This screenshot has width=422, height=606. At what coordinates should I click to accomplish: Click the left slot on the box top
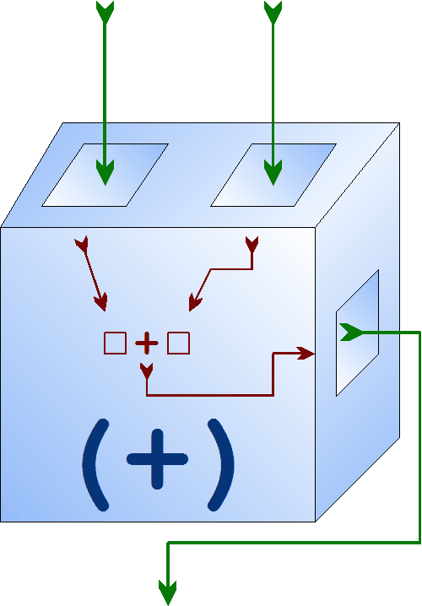(x=105, y=175)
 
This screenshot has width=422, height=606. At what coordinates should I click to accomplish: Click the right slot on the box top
(x=273, y=175)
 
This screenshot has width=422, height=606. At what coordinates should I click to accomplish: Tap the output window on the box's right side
(x=358, y=333)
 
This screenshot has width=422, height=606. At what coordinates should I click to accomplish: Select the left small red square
(x=115, y=344)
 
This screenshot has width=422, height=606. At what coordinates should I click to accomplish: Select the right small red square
(x=179, y=344)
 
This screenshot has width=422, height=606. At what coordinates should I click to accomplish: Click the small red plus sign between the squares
(x=147, y=343)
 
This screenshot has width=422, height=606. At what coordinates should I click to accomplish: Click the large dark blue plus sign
(x=157, y=459)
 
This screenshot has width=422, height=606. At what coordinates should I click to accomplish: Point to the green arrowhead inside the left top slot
(x=105, y=171)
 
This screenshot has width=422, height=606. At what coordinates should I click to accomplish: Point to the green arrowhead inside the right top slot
(x=273, y=171)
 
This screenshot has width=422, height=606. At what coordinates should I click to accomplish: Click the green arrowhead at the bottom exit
(x=168, y=592)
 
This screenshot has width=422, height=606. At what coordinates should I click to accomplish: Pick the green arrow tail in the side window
(x=350, y=333)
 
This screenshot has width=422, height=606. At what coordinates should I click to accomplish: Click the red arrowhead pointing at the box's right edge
(x=306, y=354)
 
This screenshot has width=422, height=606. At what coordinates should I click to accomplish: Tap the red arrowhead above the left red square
(x=101, y=302)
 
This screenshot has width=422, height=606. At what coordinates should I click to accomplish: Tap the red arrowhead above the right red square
(x=194, y=303)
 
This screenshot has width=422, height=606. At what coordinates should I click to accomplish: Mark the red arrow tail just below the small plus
(x=147, y=371)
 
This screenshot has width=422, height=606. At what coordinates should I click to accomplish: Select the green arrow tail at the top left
(x=105, y=11)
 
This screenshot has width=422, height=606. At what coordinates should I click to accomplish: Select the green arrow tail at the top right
(x=273, y=11)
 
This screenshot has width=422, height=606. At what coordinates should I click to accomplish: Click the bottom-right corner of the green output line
(x=419, y=543)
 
